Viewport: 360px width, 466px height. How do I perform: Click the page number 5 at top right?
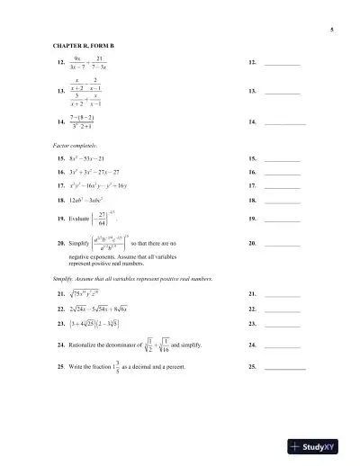coord(332,31)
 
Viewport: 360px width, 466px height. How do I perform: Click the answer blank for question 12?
coord(283,65)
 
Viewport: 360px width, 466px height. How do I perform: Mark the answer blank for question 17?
coord(283,184)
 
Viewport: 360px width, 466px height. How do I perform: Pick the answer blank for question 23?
coord(283,322)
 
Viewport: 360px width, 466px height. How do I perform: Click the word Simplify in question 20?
coord(78,244)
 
